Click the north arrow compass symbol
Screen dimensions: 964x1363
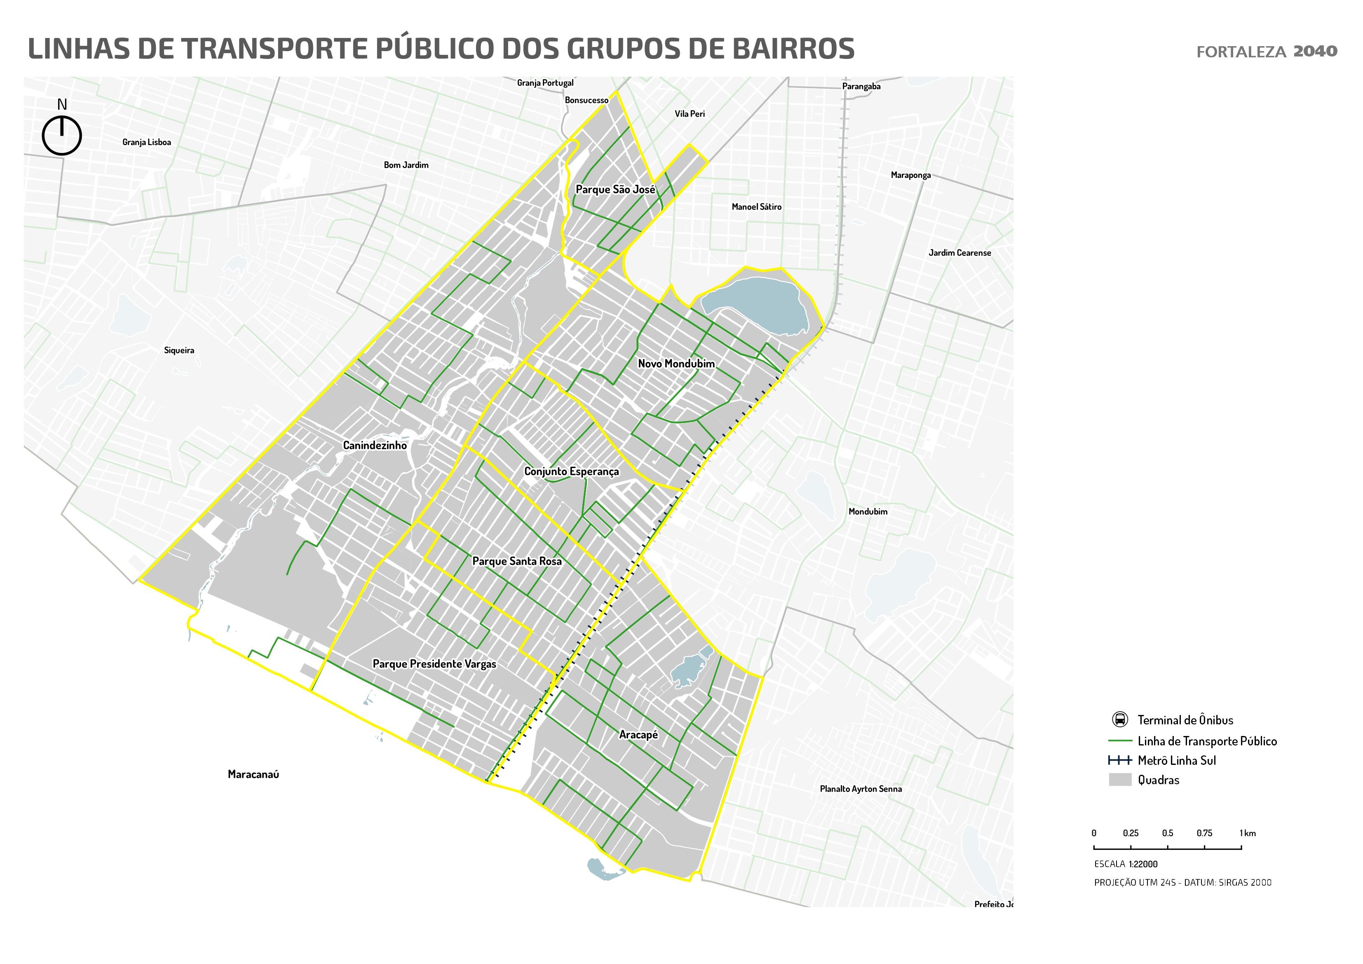point(62,135)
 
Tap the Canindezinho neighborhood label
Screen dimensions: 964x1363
point(375,445)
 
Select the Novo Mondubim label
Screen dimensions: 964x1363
point(676,364)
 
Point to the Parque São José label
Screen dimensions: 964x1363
point(616,190)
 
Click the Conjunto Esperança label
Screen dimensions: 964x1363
point(571,472)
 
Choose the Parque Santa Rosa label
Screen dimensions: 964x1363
point(516,561)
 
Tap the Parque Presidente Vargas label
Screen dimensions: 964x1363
point(434,664)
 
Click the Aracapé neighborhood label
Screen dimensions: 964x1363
point(638,735)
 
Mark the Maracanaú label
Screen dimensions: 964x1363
point(253,774)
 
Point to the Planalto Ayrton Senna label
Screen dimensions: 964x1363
point(861,789)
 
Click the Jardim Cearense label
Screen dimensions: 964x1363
point(959,253)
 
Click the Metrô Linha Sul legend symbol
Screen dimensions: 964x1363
point(1119,761)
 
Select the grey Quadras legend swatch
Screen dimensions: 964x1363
point(1119,780)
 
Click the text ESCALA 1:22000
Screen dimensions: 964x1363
point(1126,864)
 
